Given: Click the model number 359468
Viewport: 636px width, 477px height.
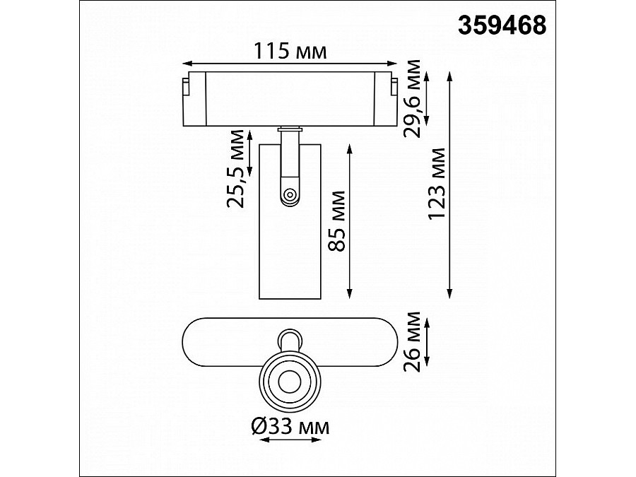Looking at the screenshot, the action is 502,25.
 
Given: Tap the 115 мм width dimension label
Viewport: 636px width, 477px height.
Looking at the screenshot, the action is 290,51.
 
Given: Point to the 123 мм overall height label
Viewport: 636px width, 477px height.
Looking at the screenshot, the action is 437,184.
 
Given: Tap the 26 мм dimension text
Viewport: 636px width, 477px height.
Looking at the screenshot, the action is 412,341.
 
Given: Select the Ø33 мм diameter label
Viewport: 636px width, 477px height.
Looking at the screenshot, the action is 290,427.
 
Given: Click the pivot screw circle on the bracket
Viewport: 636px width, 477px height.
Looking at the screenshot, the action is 290,194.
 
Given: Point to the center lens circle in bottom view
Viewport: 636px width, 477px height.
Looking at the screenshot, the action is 290,381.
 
